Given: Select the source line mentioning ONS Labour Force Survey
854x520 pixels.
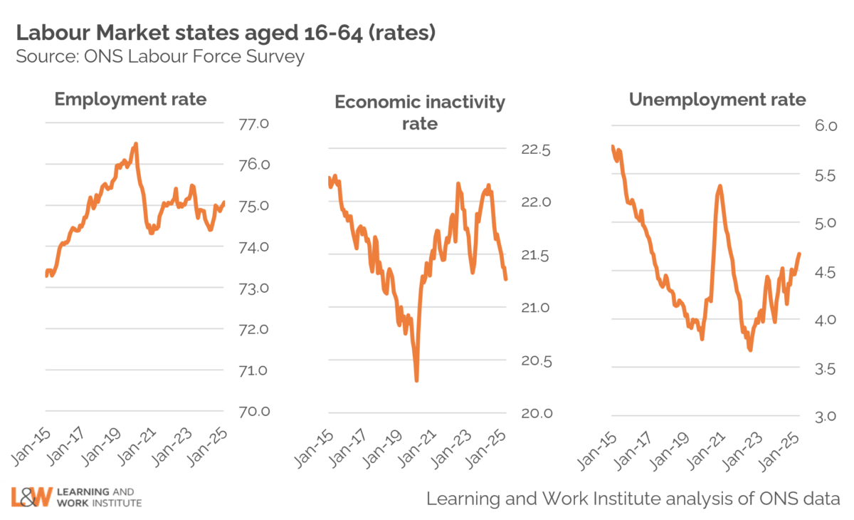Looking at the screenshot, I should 160,57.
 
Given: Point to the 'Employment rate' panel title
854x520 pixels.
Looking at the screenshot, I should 130,99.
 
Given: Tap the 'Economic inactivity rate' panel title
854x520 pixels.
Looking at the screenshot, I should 420,113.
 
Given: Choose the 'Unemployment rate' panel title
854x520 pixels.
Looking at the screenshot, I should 717,100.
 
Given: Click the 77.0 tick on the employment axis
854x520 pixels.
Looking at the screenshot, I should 255,124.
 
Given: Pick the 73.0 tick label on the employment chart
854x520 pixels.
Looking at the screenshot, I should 255,288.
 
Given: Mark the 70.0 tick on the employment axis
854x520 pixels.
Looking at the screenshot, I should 255,412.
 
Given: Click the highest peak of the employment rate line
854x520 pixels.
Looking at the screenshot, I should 136,144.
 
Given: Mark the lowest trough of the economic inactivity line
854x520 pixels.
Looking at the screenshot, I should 416,380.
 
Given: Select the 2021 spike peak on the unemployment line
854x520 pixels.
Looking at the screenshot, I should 720,186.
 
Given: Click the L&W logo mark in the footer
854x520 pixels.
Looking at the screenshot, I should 32,496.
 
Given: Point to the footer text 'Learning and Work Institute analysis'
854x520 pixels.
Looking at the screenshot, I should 633,498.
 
